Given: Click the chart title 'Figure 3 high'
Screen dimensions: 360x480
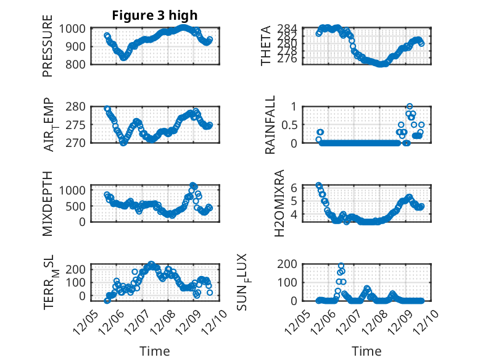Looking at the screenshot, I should point(155,15).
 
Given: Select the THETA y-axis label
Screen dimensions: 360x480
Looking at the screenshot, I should point(266,46).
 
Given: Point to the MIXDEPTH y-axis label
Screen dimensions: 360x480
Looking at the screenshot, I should point(48,203).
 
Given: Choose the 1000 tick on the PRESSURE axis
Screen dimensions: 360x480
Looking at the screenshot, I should point(75,28).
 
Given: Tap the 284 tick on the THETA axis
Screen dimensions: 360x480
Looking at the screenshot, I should point(291,28).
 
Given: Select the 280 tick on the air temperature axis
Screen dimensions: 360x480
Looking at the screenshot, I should point(78,106).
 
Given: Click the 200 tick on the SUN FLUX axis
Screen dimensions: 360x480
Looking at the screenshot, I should point(289,264).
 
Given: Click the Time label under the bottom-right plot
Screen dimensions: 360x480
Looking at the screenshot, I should point(366,351).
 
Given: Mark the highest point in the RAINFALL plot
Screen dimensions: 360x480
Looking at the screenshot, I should point(410,106).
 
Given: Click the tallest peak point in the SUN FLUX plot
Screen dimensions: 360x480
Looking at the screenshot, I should point(341,266).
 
